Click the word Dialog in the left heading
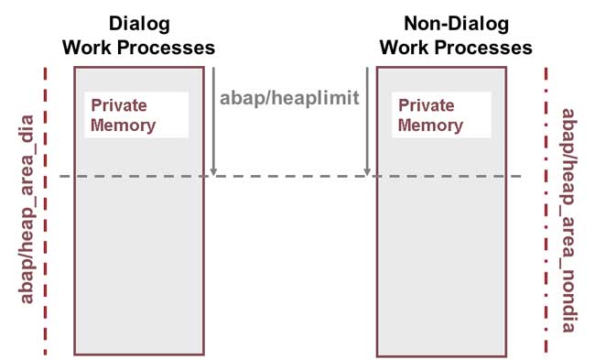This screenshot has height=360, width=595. point(138,24)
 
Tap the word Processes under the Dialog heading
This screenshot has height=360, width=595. point(173,47)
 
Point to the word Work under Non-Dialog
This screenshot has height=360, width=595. point(404,47)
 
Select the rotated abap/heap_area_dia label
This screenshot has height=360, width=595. point(27,210)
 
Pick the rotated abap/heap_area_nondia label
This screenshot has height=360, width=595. point(568,220)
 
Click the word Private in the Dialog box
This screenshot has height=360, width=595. point(118,105)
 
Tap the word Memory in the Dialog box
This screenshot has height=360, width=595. point(123,125)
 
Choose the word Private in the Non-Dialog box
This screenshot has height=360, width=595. point(426,105)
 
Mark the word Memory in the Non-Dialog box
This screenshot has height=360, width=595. point(430,125)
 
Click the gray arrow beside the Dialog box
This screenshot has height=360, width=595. point(212,119)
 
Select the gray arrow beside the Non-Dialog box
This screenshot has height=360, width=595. point(367,119)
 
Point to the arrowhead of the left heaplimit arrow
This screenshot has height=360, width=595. point(212,170)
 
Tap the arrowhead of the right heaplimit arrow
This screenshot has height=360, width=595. point(367,170)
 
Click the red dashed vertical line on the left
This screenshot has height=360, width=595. point(44,211)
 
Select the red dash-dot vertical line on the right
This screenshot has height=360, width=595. point(546,211)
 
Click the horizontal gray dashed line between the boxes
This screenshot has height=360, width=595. point(289,177)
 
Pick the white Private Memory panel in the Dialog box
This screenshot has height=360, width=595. point(136,115)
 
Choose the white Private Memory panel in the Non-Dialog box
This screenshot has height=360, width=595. point(443,115)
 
